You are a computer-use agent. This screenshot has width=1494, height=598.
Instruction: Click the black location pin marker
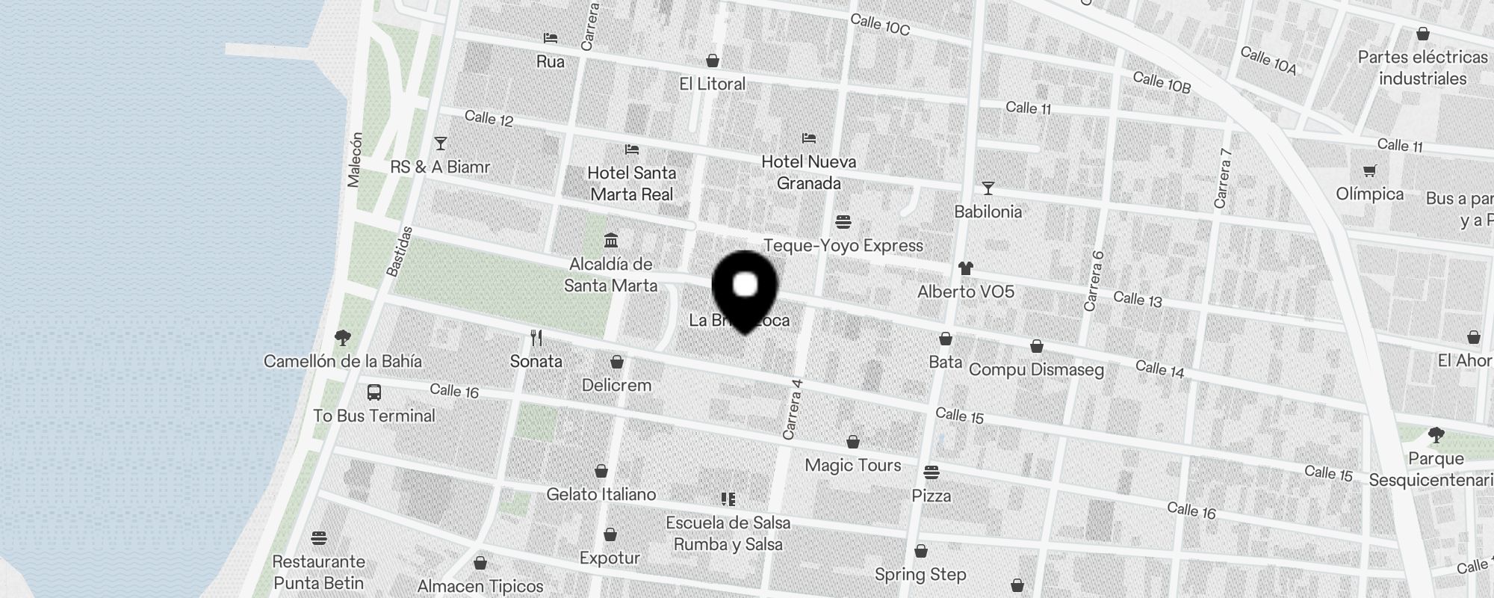click(746, 288)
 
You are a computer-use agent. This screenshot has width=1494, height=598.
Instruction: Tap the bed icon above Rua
click(551, 38)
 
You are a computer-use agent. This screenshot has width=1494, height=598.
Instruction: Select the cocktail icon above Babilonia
click(988, 188)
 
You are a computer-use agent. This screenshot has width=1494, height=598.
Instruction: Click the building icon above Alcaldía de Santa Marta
click(611, 241)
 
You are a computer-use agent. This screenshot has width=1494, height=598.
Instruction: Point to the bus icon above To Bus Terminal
click(374, 392)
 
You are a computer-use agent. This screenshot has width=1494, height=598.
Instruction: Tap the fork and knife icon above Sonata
click(536, 338)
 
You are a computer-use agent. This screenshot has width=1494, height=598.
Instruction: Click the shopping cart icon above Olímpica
click(1369, 171)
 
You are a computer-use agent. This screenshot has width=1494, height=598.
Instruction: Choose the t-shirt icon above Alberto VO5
click(965, 268)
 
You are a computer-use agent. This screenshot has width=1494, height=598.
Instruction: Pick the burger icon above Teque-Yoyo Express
click(843, 222)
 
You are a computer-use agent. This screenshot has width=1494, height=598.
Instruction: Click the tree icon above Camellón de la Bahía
click(343, 338)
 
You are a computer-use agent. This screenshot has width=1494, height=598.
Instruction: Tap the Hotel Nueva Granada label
click(808, 172)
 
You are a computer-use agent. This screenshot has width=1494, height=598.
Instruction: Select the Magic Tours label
click(852, 465)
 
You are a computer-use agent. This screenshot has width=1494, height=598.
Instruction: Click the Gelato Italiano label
click(601, 494)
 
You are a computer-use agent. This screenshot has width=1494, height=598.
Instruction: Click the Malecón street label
click(355, 160)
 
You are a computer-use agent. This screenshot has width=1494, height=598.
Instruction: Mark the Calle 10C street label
click(880, 25)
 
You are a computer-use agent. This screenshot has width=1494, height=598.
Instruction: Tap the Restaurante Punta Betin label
click(318, 572)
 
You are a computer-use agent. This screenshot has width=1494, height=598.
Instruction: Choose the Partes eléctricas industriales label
click(1422, 67)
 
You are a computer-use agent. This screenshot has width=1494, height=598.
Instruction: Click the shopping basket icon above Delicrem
click(617, 363)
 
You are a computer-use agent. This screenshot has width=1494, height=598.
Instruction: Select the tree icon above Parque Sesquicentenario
click(1435, 435)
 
